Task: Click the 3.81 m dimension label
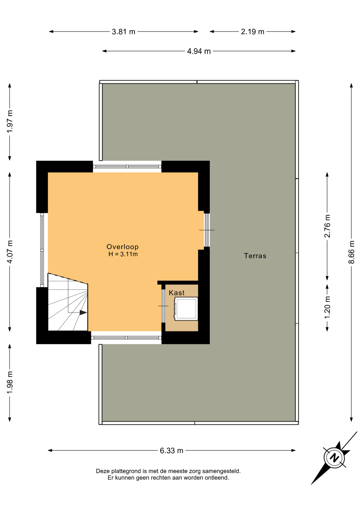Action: click(x=123, y=32)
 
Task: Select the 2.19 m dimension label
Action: click(x=252, y=32)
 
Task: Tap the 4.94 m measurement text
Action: click(x=199, y=51)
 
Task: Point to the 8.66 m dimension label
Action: click(x=351, y=252)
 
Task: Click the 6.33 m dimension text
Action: click(x=172, y=451)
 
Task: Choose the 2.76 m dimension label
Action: click(x=327, y=226)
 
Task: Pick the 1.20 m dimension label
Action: click(x=327, y=308)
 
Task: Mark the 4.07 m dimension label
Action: click(x=10, y=252)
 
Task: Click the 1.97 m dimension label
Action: click(x=10, y=121)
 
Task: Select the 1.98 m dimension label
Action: click(x=10, y=383)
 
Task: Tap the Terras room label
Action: click(x=255, y=256)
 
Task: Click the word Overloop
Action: click(x=122, y=247)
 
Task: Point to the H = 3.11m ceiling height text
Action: click(x=123, y=254)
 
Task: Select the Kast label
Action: click(x=177, y=293)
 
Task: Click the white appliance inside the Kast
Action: click(x=186, y=309)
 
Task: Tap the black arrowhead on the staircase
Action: click(x=83, y=312)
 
